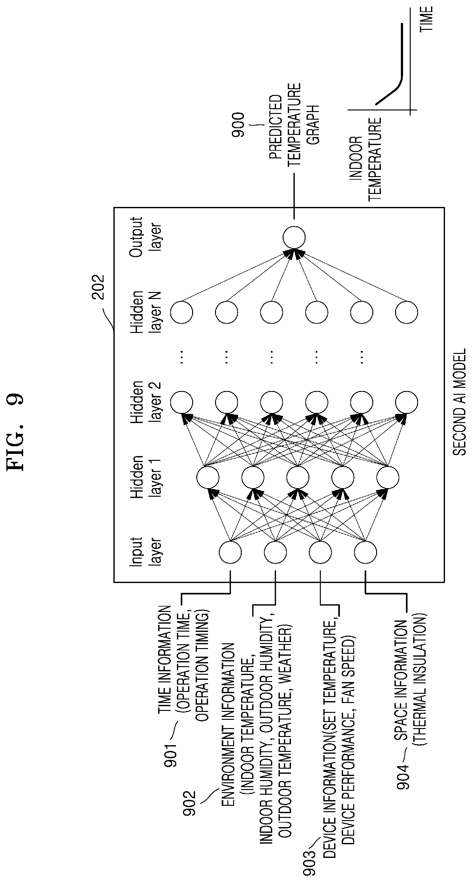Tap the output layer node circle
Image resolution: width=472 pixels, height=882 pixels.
pos(294,237)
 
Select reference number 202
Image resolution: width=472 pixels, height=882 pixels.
pos(98,287)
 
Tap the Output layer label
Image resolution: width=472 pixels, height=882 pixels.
pos(145,237)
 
